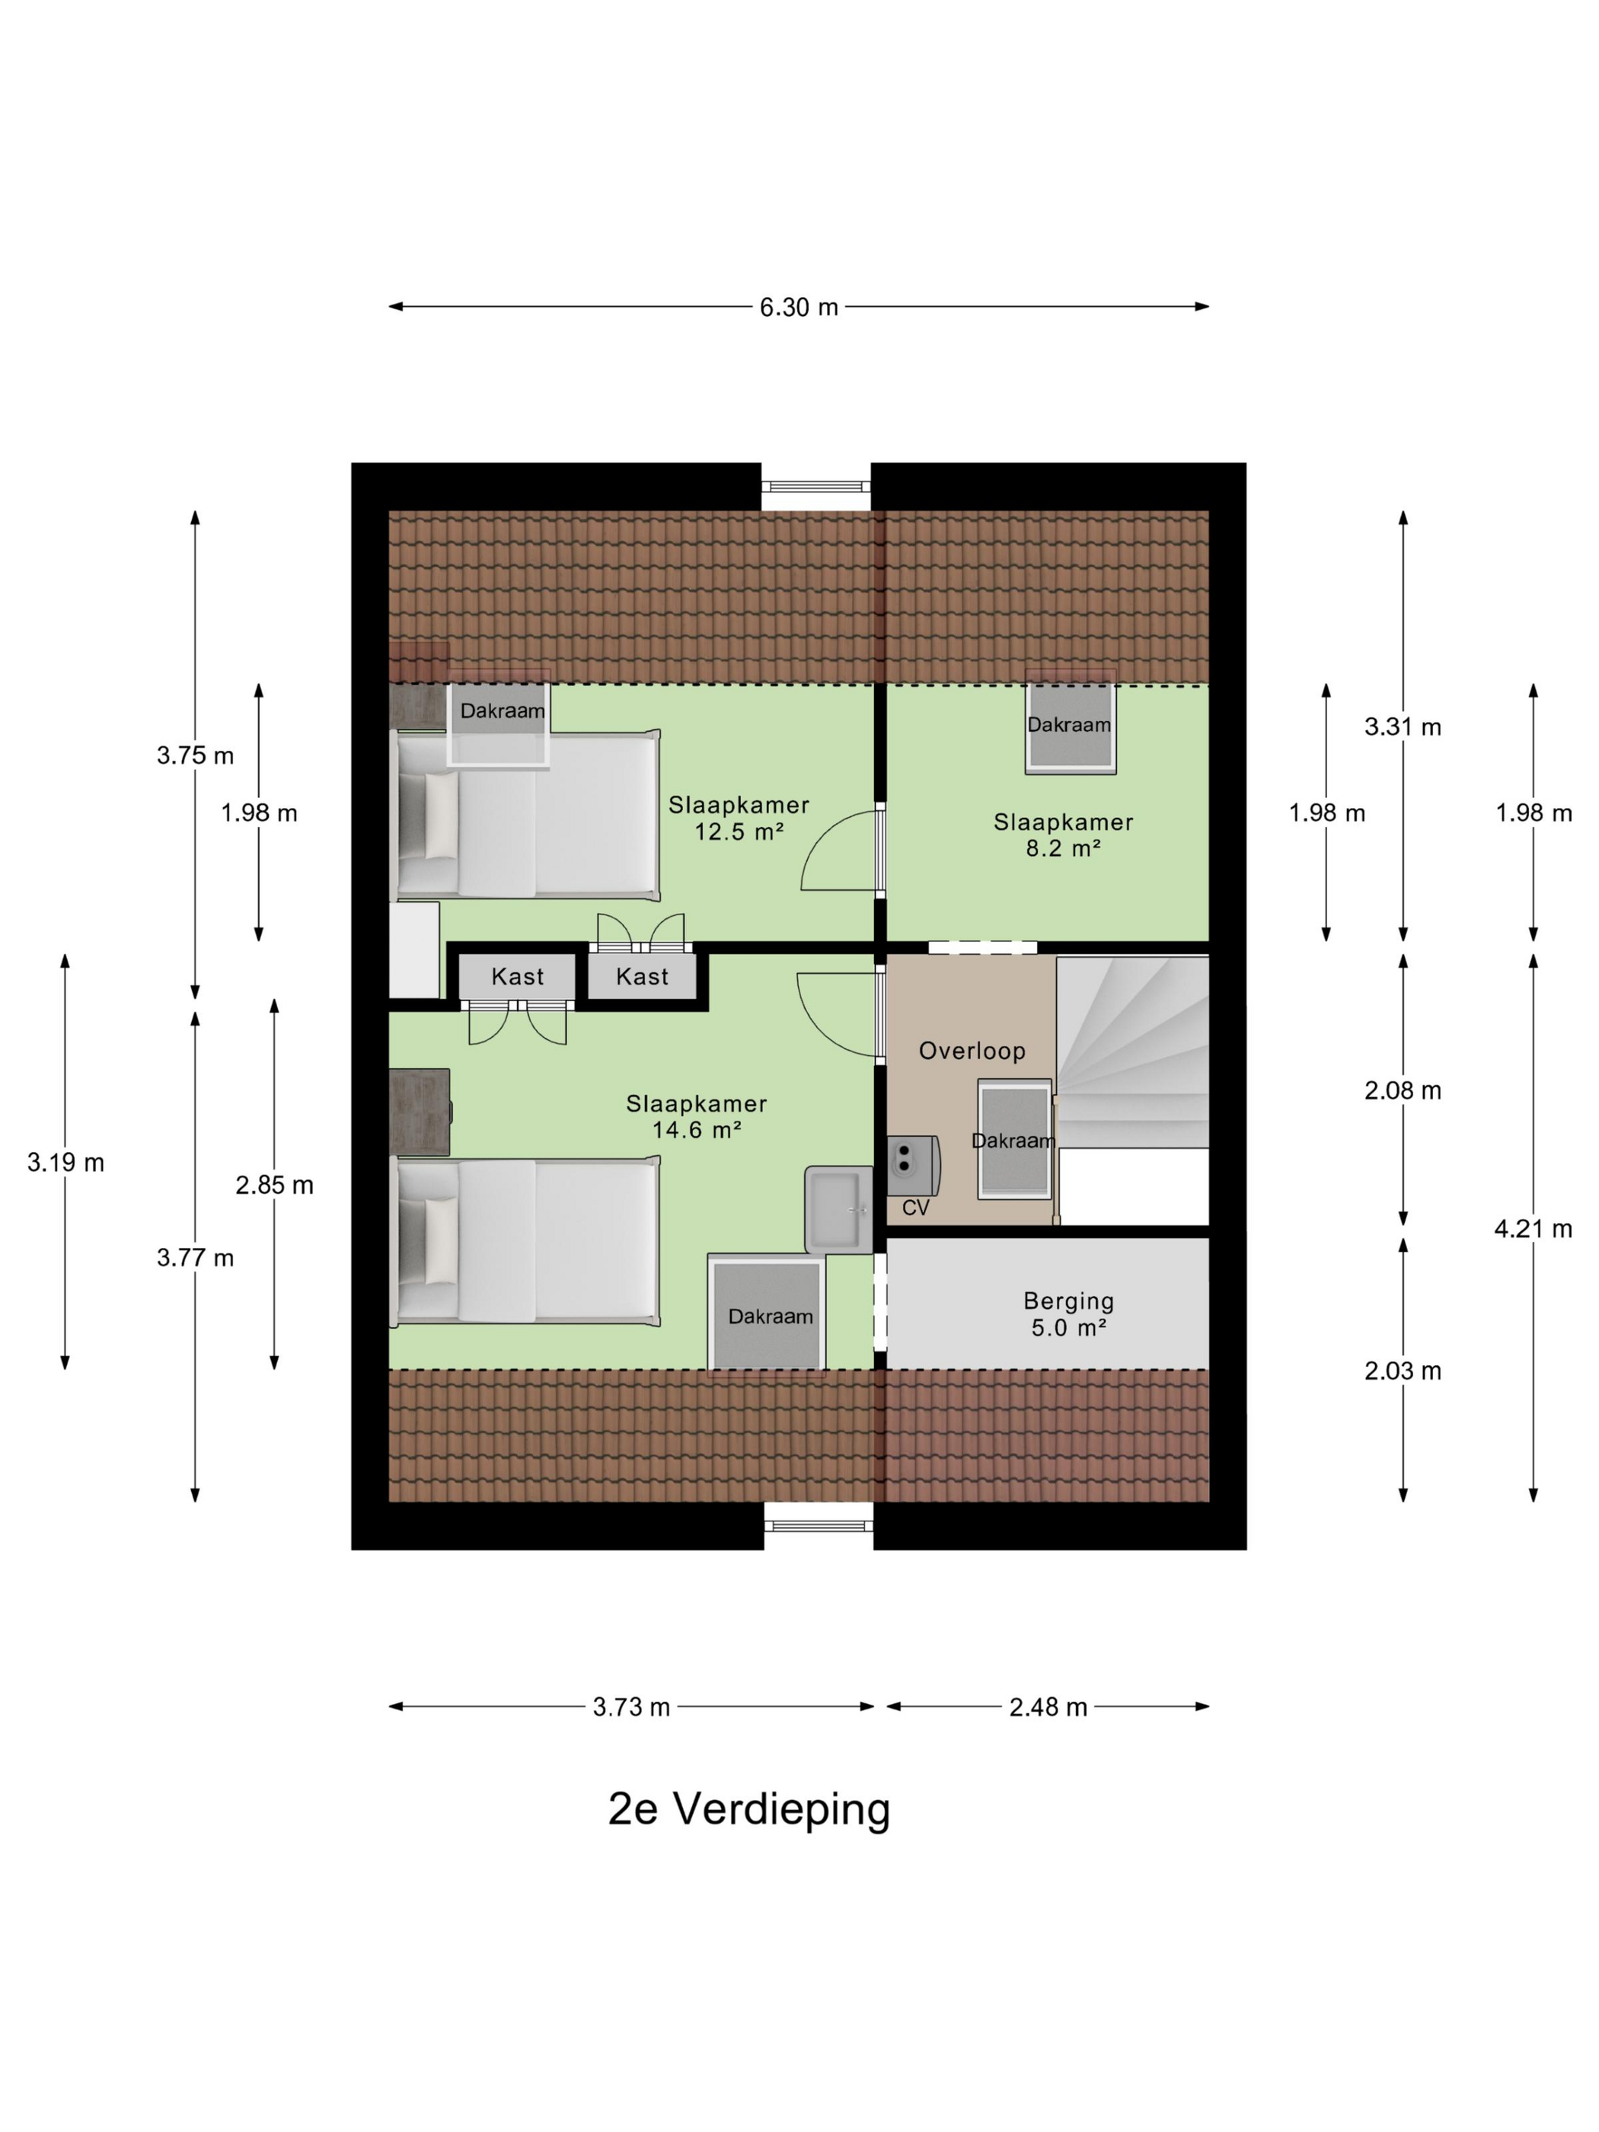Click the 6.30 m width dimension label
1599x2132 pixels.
798,308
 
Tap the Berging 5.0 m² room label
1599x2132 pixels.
1068,1313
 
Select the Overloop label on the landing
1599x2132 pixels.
972,1051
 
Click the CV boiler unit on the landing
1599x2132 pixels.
911,1167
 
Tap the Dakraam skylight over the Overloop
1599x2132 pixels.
1014,1139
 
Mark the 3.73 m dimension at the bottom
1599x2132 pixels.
631,1707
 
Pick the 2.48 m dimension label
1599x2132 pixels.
1048,1707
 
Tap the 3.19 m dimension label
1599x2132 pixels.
65,1163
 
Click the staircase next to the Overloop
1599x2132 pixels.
1132,1051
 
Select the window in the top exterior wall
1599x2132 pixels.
815,487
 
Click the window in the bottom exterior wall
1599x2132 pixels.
819,1525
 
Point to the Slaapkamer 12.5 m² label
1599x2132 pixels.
739,819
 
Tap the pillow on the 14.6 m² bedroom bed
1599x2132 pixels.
440,1240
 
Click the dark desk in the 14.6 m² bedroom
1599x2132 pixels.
420,1111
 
